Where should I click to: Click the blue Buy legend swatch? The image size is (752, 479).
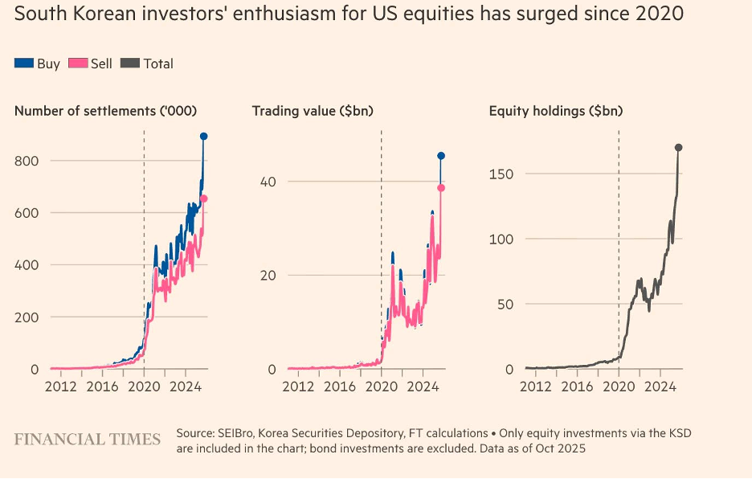tap(24, 63)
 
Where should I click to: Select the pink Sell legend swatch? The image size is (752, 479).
tap(78, 63)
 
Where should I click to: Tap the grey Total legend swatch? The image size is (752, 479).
tap(130, 63)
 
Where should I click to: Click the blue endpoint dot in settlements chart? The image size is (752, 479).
tap(204, 137)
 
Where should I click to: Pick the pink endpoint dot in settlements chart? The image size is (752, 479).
tap(204, 199)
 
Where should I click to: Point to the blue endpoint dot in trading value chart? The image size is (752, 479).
tap(441, 156)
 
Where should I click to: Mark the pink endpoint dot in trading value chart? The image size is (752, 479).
tap(441, 188)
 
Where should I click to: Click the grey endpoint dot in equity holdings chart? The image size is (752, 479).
tap(679, 148)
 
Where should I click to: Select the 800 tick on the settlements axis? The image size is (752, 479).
tap(27, 161)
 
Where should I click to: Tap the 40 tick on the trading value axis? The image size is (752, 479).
tap(268, 182)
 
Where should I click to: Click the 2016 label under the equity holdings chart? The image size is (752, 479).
tap(578, 386)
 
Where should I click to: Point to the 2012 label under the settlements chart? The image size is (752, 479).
tap(61, 386)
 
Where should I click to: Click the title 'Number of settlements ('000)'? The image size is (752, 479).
tap(105, 111)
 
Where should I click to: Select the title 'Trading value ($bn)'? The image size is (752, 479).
tap(313, 111)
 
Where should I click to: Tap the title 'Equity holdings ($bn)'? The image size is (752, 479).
tap(556, 111)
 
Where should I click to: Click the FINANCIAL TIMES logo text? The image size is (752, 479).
tap(88, 439)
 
